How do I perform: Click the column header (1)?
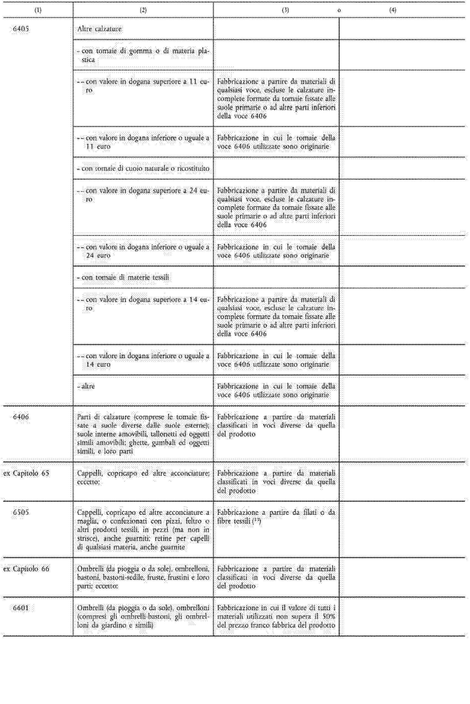tap(38, 10)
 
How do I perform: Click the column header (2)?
tap(143, 10)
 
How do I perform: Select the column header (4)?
tap(393, 10)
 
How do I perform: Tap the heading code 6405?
tap(21, 29)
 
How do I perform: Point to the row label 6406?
tap(21, 417)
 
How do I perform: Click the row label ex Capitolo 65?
tap(27, 473)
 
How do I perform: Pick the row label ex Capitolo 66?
tap(27, 569)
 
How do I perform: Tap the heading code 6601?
tap(21, 608)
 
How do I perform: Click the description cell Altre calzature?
tap(99, 29)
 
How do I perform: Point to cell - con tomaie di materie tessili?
tap(123, 277)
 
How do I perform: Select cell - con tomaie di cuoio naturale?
tap(143, 169)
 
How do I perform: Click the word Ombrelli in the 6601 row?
tap(88, 608)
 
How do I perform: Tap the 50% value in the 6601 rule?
tap(329, 616)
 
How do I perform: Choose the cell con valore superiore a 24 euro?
tap(143, 195)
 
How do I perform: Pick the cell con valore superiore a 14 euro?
tap(143, 303)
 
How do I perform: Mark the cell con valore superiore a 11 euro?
tap(143, 85)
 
